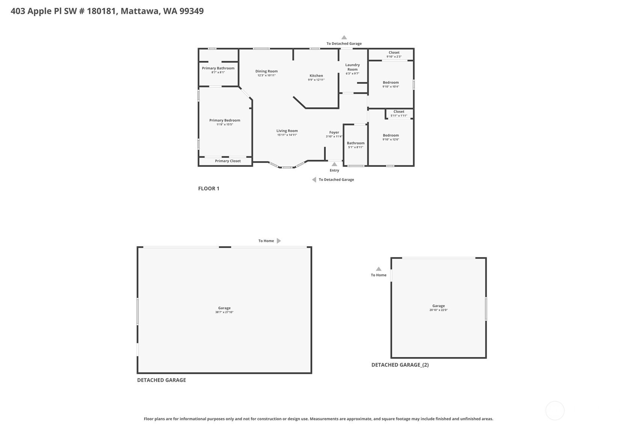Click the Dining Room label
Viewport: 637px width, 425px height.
point(267,71)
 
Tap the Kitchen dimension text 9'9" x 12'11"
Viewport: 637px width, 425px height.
point(316,80)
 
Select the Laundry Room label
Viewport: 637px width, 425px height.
point(352,67)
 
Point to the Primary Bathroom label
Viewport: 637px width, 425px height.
point(218,68)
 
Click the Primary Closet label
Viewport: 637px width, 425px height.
point(228,161)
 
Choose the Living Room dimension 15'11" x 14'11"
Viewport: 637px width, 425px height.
point(287,135)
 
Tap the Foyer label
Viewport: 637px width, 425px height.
point(334,132)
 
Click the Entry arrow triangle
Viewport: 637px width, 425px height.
point(334,164)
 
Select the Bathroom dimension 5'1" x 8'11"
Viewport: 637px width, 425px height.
point(356,147)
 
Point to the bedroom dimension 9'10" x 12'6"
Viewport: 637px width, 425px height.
point(391,139)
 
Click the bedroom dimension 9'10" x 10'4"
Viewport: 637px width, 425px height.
point(391,86)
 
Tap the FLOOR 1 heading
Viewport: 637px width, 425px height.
point(209,188)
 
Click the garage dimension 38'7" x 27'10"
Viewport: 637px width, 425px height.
point(224,312)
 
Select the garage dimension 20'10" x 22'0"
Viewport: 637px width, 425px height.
point(438,310)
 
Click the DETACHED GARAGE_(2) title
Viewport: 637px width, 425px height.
point(400,365)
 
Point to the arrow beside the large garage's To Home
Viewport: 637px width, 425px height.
point(279,241)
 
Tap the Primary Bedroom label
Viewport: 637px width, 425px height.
point(224,120)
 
